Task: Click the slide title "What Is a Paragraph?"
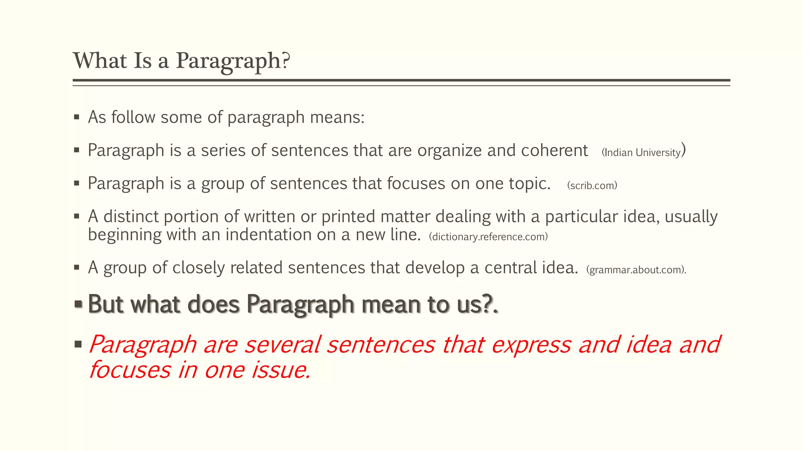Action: pyautogui.click(x=181, y=61)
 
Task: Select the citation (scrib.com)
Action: pyautogui.click(x=592, y=185)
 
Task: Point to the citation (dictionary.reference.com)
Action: pyautogui.click(x=488, y=236)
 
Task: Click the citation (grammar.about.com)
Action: pyautogui.click(x=636, y=270)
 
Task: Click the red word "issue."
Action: pyautogui.click(x=281, y=370)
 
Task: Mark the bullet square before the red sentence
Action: pyautogui.click(x=78, y=345)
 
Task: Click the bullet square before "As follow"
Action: pyautogui.click(x=77, y=117)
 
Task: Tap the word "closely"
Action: pyautogui.click(x=198, y=268)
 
